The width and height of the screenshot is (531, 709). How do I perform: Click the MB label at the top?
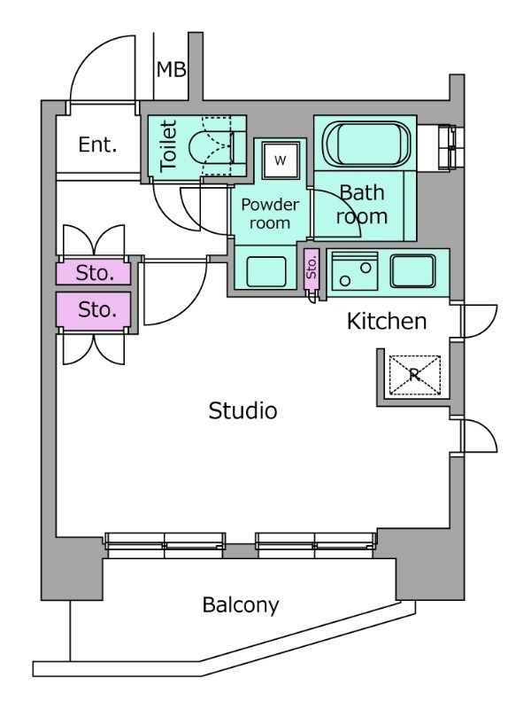(x=171, y=69)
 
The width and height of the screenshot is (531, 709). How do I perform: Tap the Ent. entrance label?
(x=97, y=145)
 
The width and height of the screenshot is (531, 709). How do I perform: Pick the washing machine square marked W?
(x=281, y=160)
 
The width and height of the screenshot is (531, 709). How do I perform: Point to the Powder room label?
(x=270, y=214)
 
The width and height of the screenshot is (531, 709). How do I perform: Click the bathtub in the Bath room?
(x=365, y=143)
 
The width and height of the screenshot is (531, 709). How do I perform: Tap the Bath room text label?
(x=363, y=204)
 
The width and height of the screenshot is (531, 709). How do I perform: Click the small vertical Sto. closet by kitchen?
(x=311, y=267)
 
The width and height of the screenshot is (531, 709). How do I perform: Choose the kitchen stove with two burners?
(x=355, y=269)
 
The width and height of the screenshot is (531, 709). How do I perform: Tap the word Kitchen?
(x=387, y=321)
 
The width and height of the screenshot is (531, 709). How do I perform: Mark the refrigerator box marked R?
(x=415, y=375)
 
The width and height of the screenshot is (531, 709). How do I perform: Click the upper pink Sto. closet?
(x=95, y=273)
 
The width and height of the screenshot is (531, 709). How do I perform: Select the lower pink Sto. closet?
(x=95, y=310)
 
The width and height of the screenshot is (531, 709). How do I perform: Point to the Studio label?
(x=243, y=410)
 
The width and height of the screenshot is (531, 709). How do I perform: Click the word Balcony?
(x=241, y=606)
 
